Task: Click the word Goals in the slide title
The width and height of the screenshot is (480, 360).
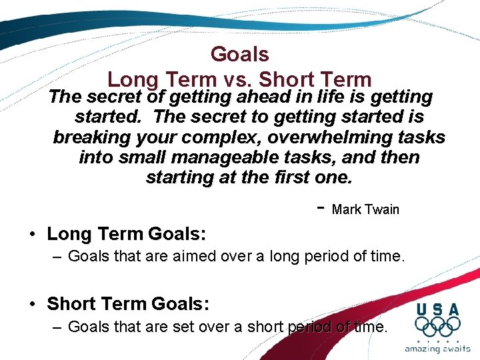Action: click(x=239, y=54)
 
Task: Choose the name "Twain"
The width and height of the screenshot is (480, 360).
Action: click(x=382, y=209)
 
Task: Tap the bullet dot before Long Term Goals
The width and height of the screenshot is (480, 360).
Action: click(x=32, y=235)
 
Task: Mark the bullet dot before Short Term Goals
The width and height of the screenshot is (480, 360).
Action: click(x=32, y=305)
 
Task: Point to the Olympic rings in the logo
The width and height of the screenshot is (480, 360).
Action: click(x=437, y=327)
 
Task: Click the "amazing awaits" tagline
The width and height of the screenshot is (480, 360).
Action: click(x=437, y=349)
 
